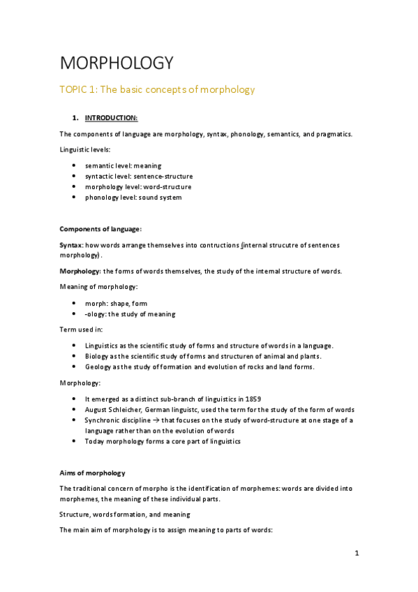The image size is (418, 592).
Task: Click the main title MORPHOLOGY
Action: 116,64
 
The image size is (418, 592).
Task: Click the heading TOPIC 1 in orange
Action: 157,89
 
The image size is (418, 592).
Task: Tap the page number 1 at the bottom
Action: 356,554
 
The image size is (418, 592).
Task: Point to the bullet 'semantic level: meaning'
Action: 123,166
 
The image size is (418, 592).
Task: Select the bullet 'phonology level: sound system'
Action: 133,198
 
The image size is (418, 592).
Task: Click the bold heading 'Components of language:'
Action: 100,229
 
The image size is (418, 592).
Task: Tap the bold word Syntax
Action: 70,245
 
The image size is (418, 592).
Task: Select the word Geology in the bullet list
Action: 98,367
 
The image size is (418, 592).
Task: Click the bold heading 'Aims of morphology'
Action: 92,473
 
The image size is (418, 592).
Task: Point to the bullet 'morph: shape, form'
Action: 116,304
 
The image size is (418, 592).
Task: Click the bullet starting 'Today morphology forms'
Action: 162,441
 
